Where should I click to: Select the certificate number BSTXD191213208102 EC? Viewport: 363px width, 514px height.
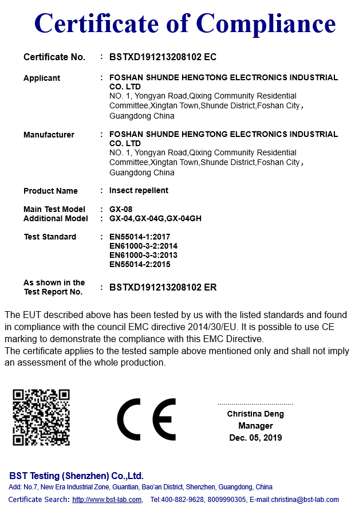coord(163,57)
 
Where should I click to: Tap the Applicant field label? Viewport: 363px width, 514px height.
coord(42,78)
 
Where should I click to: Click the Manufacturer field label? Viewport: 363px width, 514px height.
coord(49,135)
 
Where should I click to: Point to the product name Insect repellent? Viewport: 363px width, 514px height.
coord(139,190)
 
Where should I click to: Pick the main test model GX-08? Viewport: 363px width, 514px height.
coord(120,209)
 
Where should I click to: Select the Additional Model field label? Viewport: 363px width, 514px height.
coord(56,218)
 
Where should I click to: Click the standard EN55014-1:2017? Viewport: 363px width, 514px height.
coord(139,237)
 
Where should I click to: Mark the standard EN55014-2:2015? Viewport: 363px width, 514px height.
coord(139,264)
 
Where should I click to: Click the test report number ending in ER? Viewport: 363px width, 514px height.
coord(163,287)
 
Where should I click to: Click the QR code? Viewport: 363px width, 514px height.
coord(41,417)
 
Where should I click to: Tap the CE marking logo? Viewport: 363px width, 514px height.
coord(147,419)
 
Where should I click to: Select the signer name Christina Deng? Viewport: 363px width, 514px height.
coord(255,414)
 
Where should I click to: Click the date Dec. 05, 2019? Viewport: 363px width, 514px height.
coord(255,438)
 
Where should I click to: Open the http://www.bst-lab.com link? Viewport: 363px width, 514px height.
coord(107,500)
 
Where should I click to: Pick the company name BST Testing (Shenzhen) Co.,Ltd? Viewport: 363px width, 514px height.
coord(76,476)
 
